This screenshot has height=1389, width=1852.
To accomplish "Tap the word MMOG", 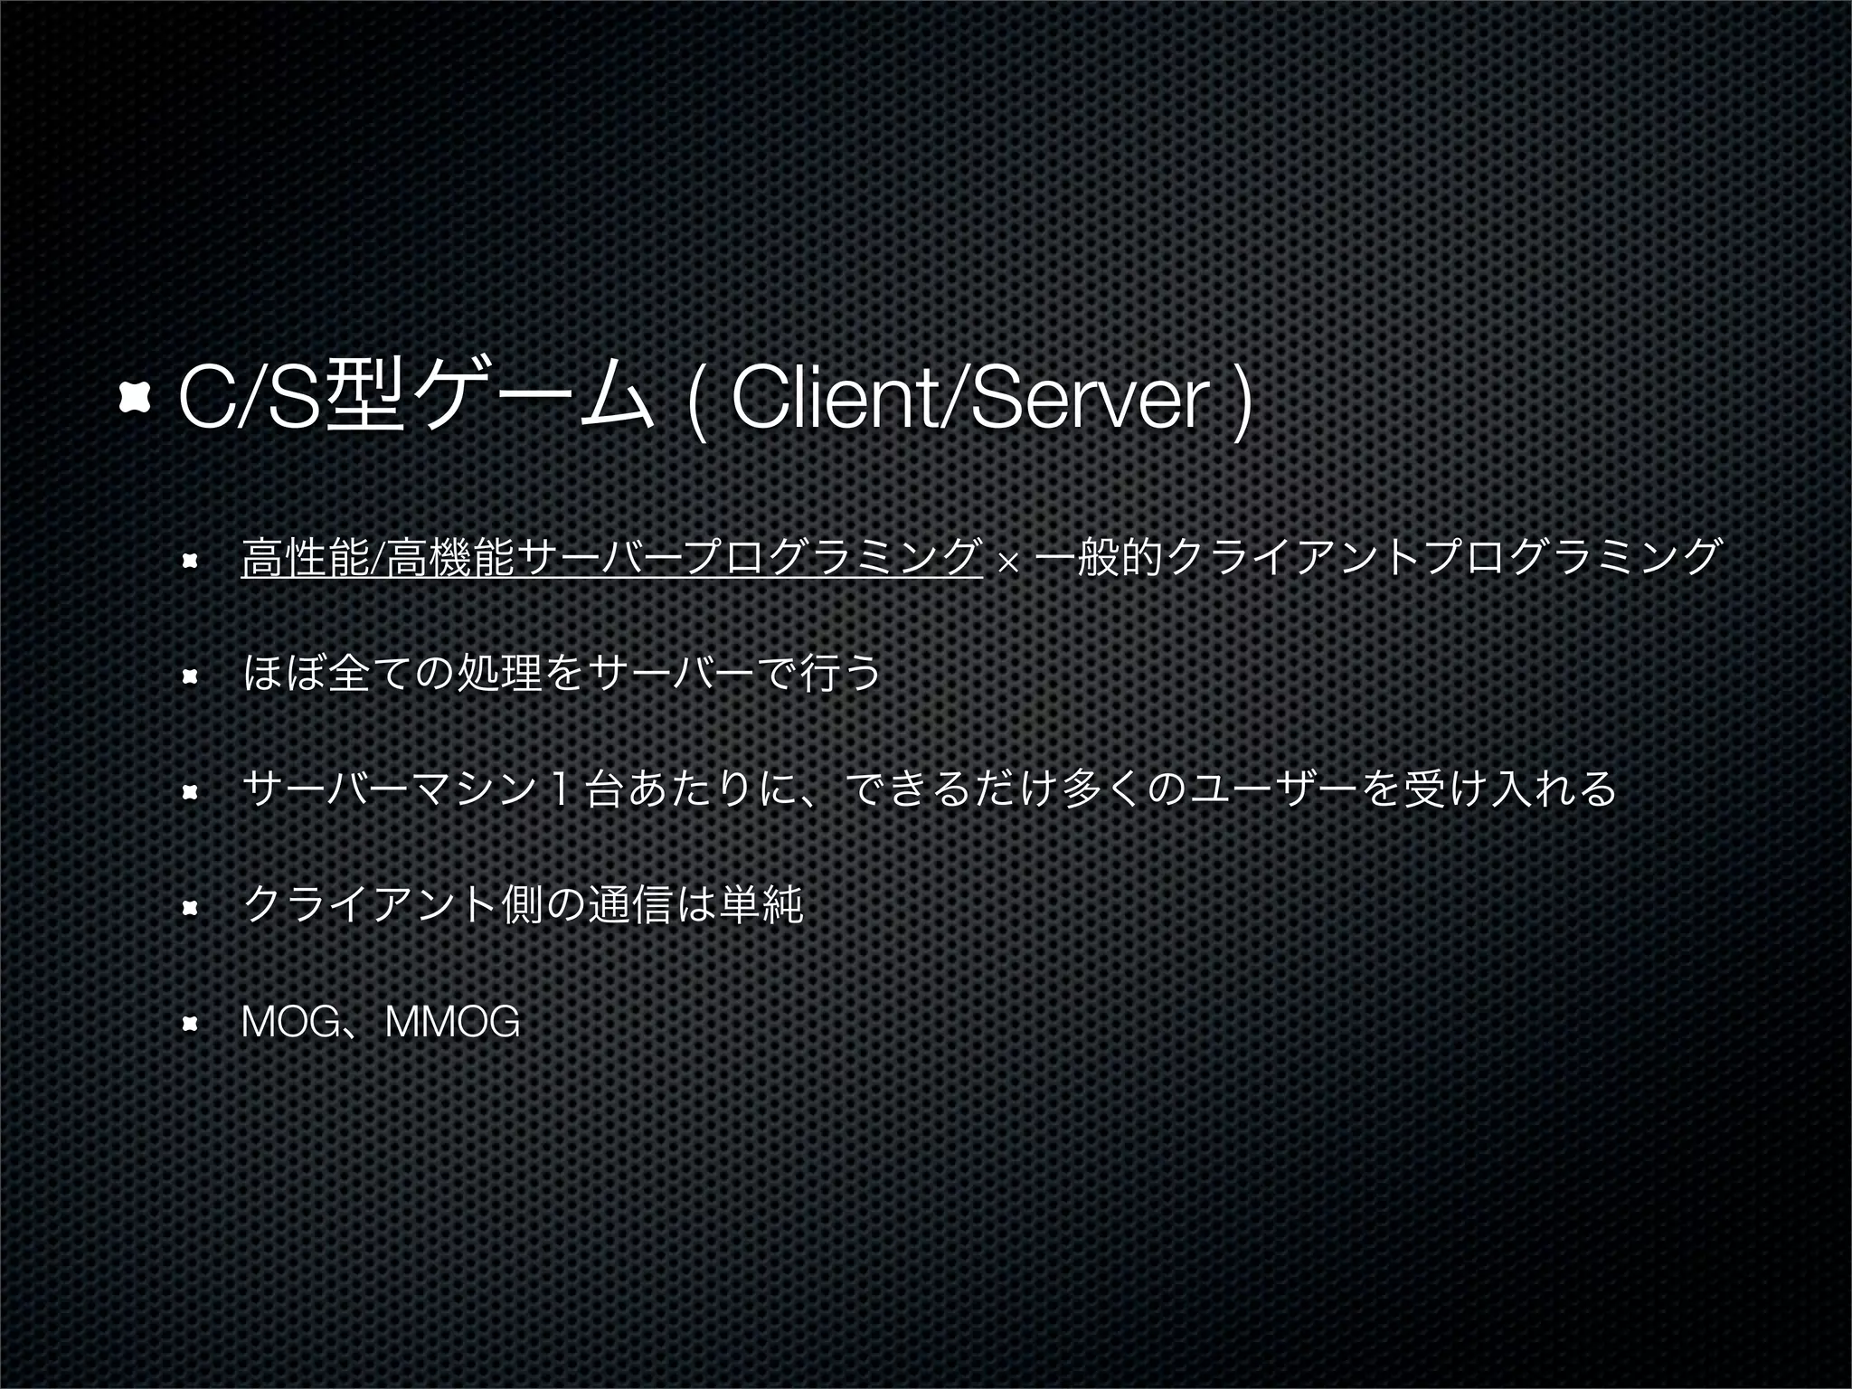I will click(x=452, y=1023).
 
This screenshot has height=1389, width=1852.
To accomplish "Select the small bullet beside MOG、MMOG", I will click(x=189, y=1025).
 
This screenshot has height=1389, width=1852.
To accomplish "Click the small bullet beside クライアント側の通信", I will click(x=189, y=908).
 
